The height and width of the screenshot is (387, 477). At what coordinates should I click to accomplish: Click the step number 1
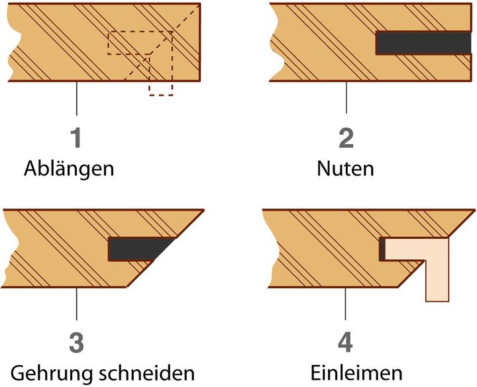tap(78, 138)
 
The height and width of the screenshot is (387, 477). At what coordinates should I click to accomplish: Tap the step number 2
tap(346, 138)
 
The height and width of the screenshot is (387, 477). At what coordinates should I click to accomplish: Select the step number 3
tap(78, 343)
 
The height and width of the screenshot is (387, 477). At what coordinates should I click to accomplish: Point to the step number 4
tap(346, 343)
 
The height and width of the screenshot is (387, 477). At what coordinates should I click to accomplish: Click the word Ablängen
tap(69, 169)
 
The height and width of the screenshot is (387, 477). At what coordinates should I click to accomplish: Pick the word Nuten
tap(344, 169)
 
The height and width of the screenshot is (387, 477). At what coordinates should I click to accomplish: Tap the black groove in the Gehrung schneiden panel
tap(136, 248)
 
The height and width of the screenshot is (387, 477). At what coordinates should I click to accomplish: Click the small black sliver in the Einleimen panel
tap(382, 249)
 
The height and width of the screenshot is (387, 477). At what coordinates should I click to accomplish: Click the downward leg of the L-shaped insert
tap(437, 281)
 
